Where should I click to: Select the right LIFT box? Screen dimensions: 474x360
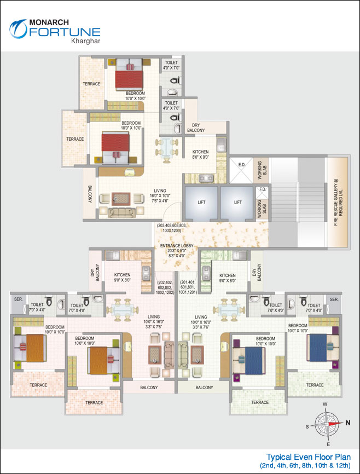coord(238,202)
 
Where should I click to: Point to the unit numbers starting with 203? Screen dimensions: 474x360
coord(178,228)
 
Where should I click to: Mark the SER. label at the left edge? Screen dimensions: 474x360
coord(18,299)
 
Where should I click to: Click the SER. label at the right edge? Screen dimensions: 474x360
coord(334,299)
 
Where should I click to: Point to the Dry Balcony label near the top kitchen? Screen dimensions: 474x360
coord(195,128)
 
